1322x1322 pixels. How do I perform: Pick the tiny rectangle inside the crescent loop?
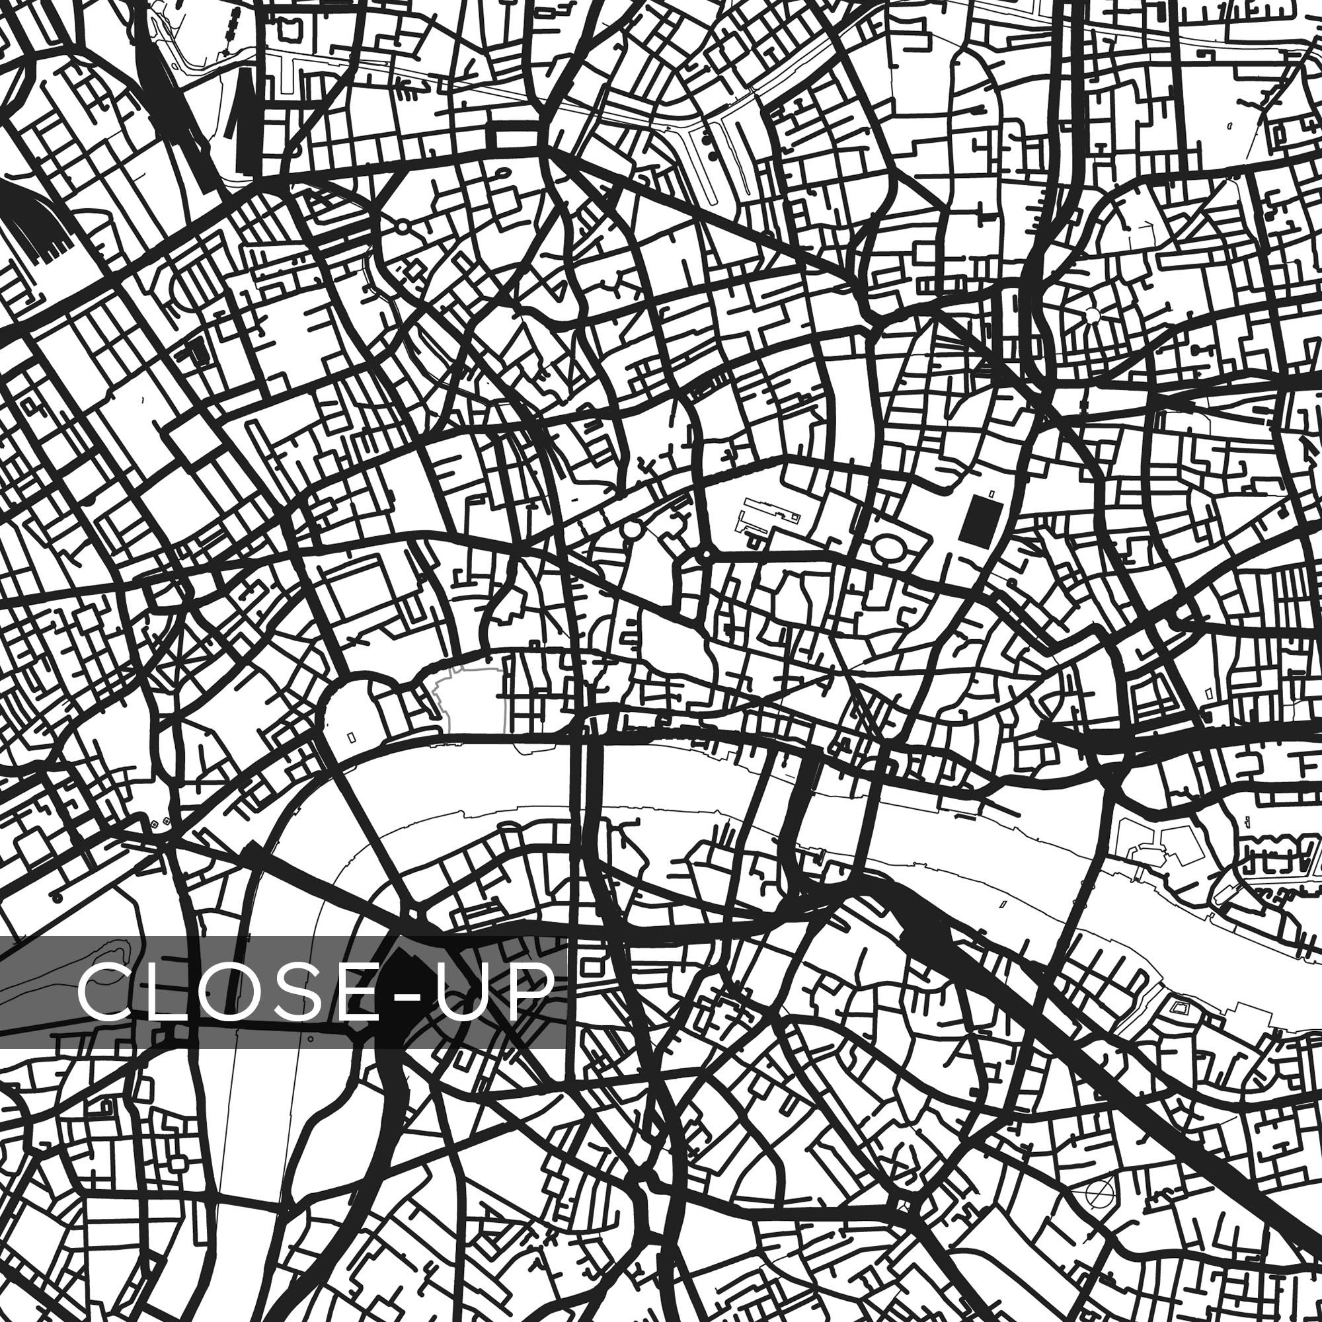pyautogui.click(x=352, y=737)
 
